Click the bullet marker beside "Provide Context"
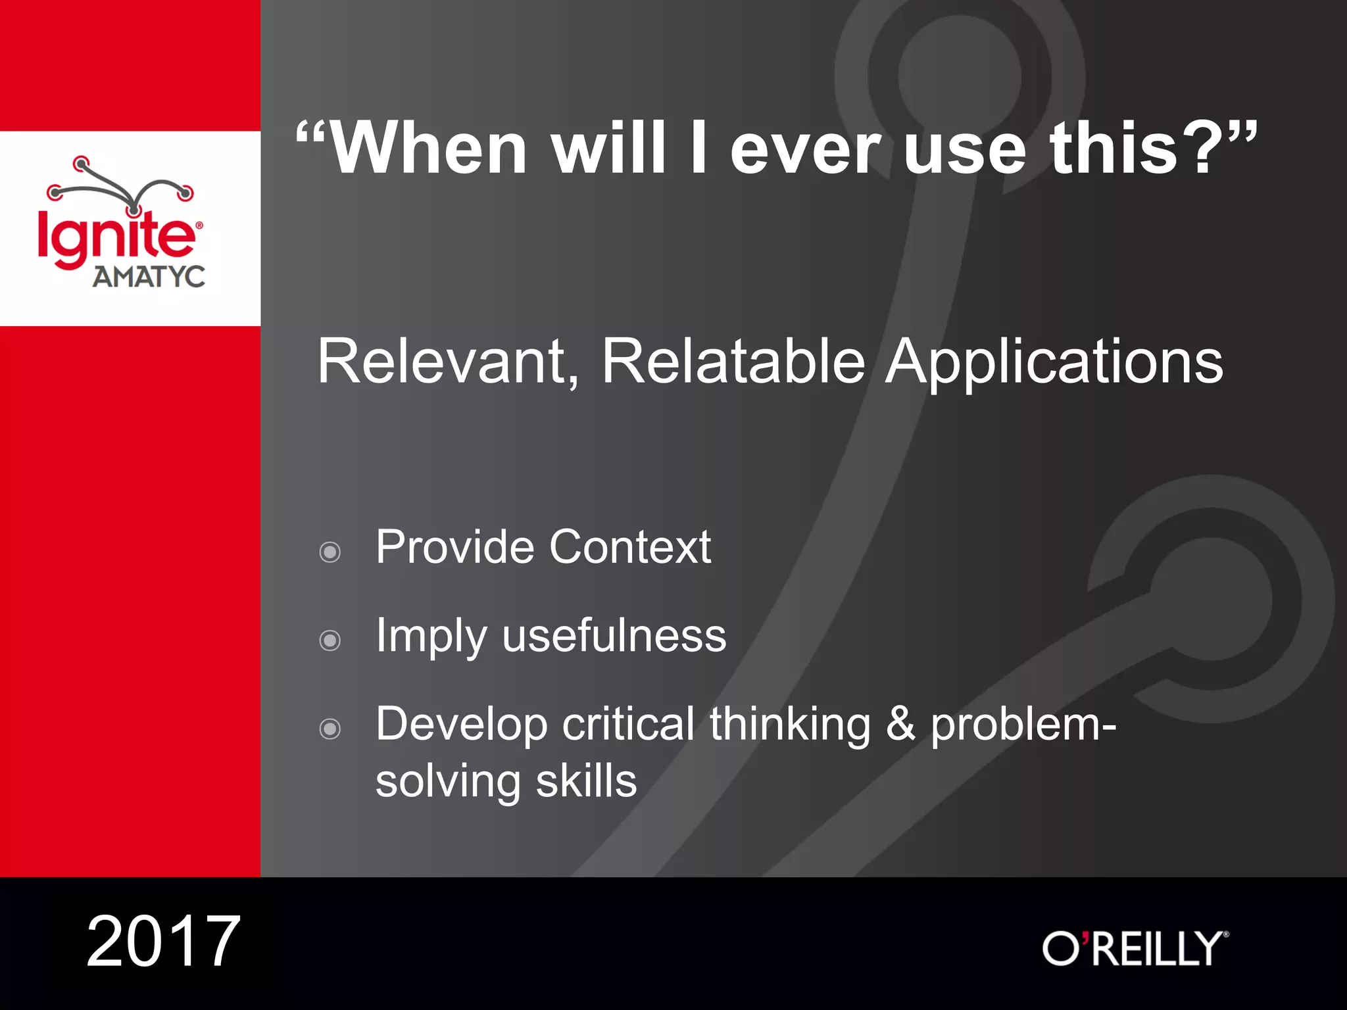[330, 552]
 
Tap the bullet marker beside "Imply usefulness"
[330, 640]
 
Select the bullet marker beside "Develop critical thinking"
[330, 729]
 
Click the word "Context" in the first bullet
[629, 546]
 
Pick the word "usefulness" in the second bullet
[614, 636]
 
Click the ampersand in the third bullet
[900, 724]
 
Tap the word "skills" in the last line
[586, 781]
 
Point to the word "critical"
[628, 724]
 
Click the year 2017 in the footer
[163, 942]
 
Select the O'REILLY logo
[1135, 948]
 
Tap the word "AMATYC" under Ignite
[149, 277]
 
